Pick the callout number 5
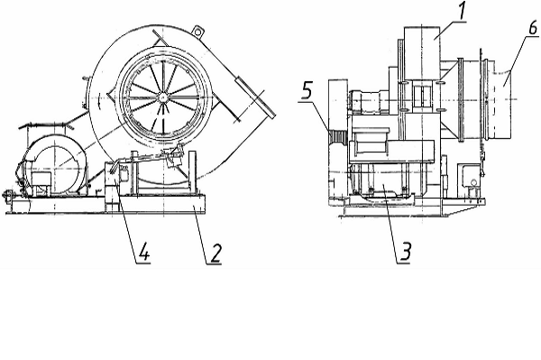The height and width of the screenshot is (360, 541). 307,91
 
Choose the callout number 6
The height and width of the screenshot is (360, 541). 533,28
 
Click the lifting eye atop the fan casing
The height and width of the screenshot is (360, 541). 197,32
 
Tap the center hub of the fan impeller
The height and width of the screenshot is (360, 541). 161,98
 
